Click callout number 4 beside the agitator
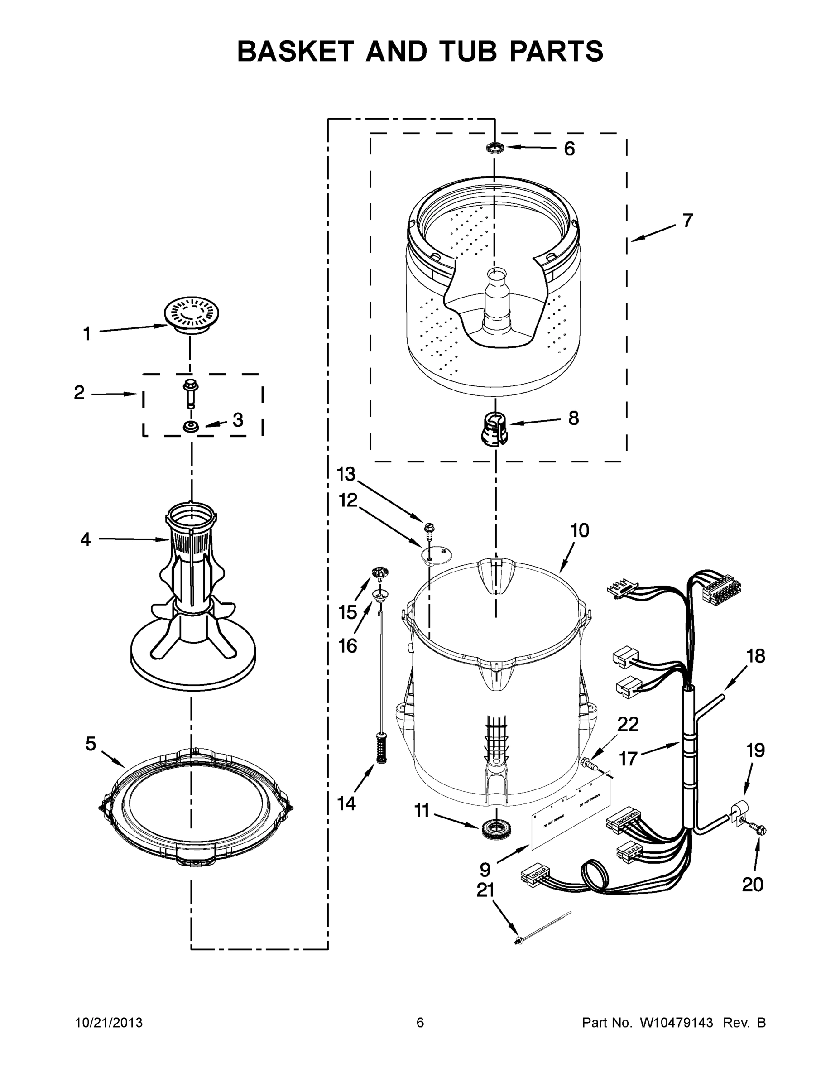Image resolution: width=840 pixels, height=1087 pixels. [86, 539]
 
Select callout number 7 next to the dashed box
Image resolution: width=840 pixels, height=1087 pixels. [688, 221]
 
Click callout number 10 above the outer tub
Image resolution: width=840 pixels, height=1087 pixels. [580, 530]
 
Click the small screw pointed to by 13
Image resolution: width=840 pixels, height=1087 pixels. [427, 528]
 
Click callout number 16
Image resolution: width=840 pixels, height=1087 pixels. [348, 646]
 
